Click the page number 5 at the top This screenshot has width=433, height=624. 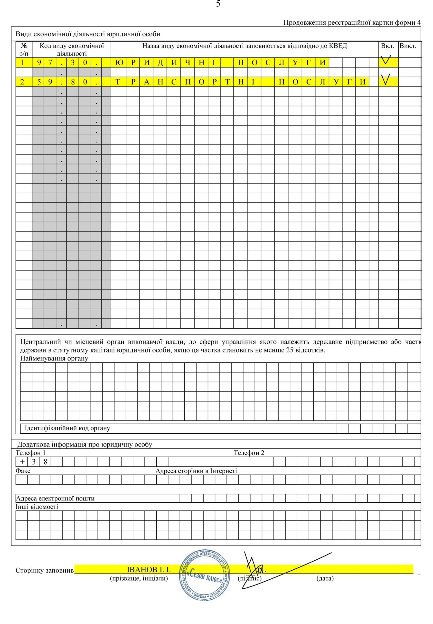click(x=218, y=4)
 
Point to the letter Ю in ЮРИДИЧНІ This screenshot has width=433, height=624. click(x=119, y=63)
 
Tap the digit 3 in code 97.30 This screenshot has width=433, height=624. click(x=73, y=63)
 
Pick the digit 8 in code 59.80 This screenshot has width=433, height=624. click(x=73, y=82)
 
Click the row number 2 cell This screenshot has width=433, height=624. click(x=22, y=82)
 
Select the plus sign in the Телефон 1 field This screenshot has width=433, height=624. click(x=22, y=462)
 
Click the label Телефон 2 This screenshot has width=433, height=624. click(x=249, y=453)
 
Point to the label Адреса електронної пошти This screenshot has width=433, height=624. click(x=55, y=498)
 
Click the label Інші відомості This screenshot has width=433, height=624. click(x=37, y=507)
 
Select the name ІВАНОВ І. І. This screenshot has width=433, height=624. click(x=149, y=569)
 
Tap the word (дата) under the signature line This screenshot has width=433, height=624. click(x=325, y=578)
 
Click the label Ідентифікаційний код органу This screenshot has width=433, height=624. click(x=67, y=428)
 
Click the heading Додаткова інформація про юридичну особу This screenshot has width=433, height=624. click(x=85, y=445)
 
